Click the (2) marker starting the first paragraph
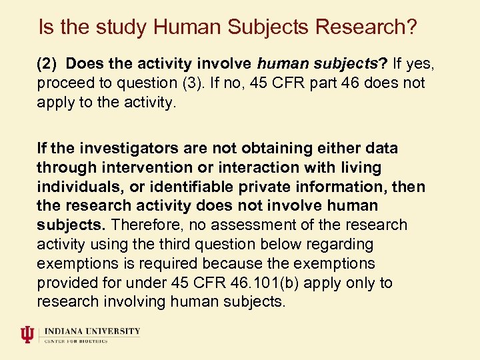tap(48, 64)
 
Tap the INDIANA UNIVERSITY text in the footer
tap(93, 331)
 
